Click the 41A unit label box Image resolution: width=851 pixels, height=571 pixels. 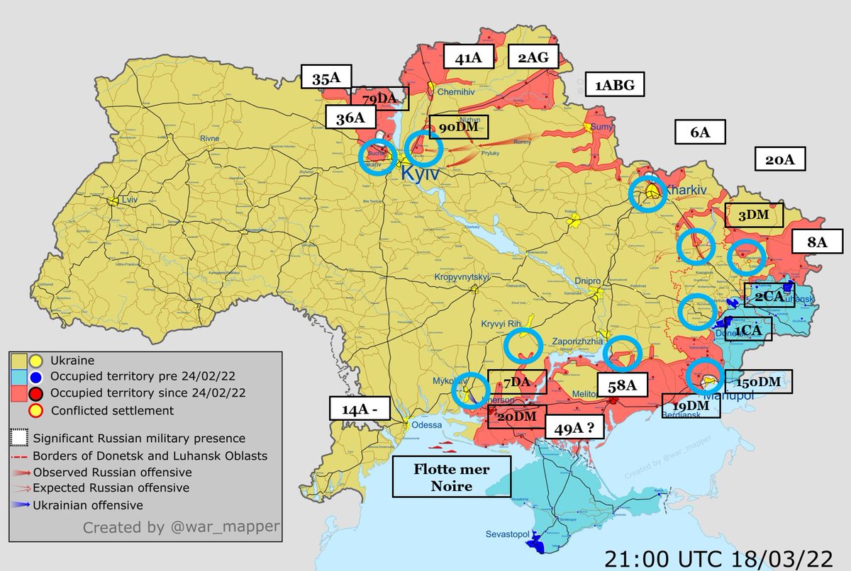pos(468,58)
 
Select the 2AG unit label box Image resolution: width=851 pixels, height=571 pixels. pos(533,57)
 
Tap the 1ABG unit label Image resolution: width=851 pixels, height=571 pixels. pos(614,85)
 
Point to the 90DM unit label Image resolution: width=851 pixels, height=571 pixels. pos(459,128)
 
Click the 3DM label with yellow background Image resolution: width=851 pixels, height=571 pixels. pos(754,215)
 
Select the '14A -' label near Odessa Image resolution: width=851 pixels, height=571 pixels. pos(360,409)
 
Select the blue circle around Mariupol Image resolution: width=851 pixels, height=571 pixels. pos(706,376)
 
